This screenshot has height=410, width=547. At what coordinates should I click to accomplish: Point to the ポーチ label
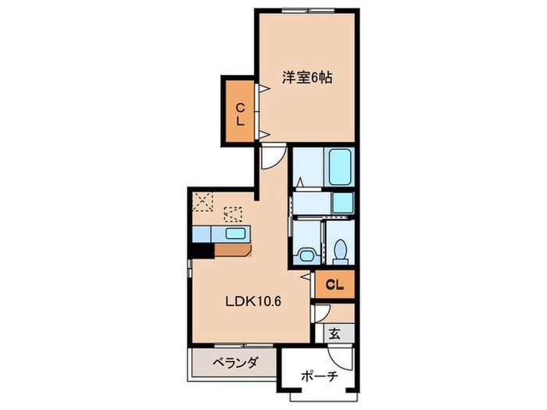pyautogui.click(x=318, y=377)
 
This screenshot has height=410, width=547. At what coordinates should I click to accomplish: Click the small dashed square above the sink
pyautogui.click(x=233, y=212)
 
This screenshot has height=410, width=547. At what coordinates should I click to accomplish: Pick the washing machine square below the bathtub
pyautogui.click(x=343, y=203)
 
